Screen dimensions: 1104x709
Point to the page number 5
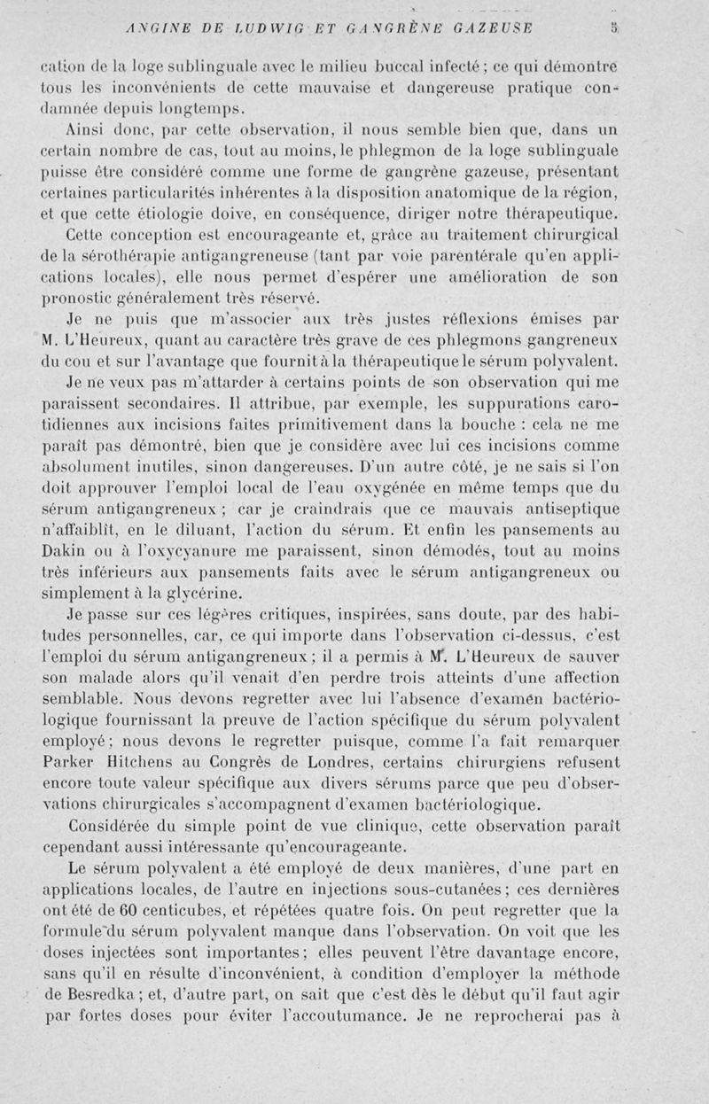point(614,26)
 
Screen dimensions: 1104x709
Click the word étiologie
point(152,214)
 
